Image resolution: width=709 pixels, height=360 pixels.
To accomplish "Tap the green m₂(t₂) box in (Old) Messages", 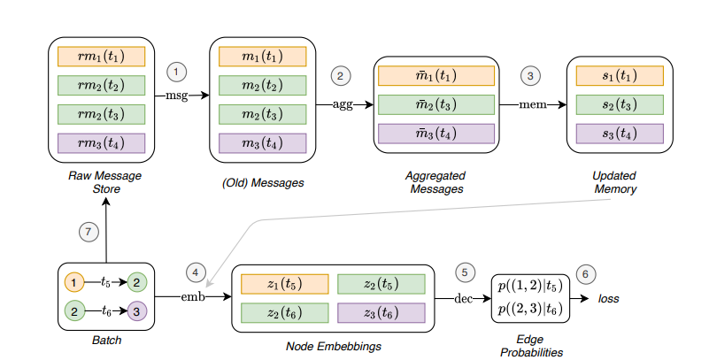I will tap(262, 86).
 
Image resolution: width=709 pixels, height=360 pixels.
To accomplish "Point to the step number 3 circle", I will tap(530, 76).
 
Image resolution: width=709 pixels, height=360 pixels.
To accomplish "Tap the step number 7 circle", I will tap(86, 231).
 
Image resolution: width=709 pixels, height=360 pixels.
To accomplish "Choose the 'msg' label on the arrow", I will tap(177, 95).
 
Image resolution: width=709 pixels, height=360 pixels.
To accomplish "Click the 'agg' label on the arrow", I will tap(342, 103).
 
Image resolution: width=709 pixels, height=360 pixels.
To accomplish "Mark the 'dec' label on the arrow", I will tap(463, 299).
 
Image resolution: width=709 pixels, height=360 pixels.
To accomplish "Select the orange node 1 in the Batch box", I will tap(73, 283).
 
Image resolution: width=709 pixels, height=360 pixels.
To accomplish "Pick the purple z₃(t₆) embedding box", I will tap(381, 312).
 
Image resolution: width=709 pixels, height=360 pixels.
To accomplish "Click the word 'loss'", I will tap(606, 299).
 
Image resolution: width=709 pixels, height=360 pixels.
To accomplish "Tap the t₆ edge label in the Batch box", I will tap(107, 312).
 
